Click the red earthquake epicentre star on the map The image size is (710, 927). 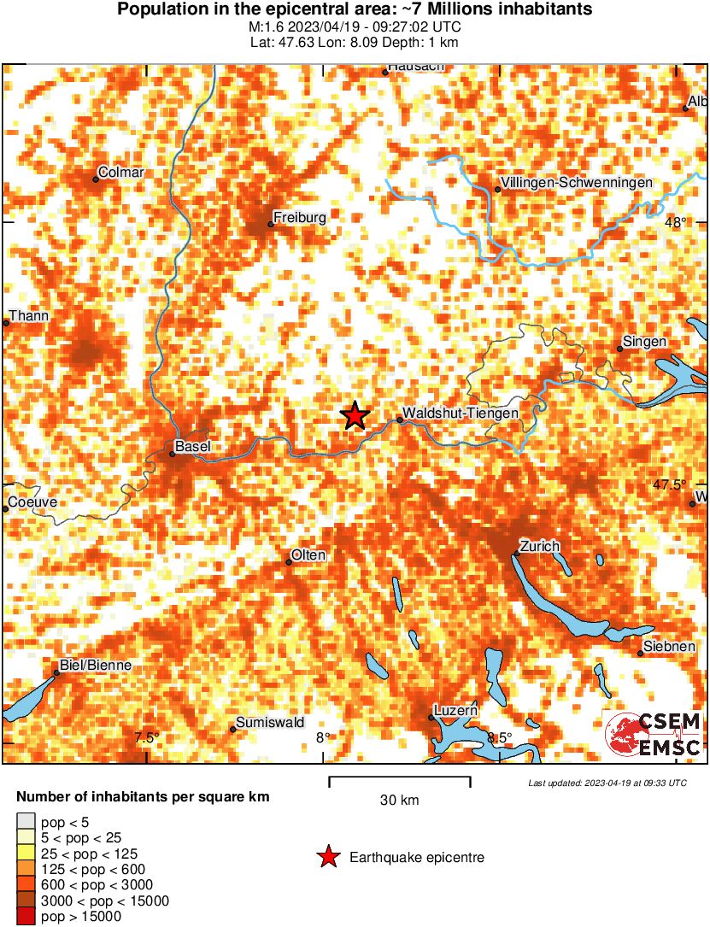[355, 416]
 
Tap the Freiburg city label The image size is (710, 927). [299, 218]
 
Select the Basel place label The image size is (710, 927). [192, 446]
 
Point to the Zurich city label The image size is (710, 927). [539, 546]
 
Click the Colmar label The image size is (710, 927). [121, 173]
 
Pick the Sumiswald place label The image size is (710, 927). [270, 723]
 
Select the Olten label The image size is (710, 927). [308, 555]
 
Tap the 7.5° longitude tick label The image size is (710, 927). [147, 738]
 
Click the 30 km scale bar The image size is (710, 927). [400, 778]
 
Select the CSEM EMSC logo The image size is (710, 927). [653, 736]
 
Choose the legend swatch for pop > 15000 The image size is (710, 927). [26, 917]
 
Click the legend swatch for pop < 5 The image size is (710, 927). [26, 823]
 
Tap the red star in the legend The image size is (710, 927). [326, 857]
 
